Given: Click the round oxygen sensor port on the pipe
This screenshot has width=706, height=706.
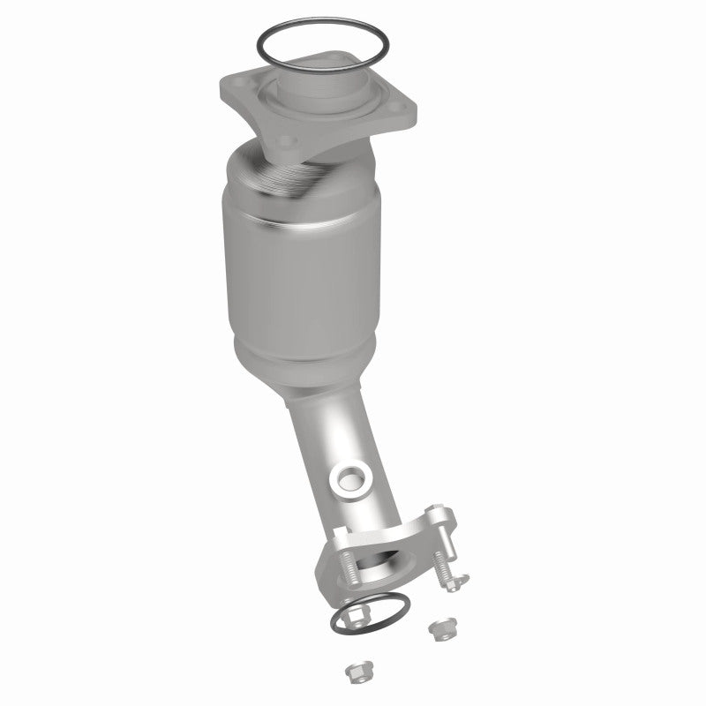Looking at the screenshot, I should click(351, 479).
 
